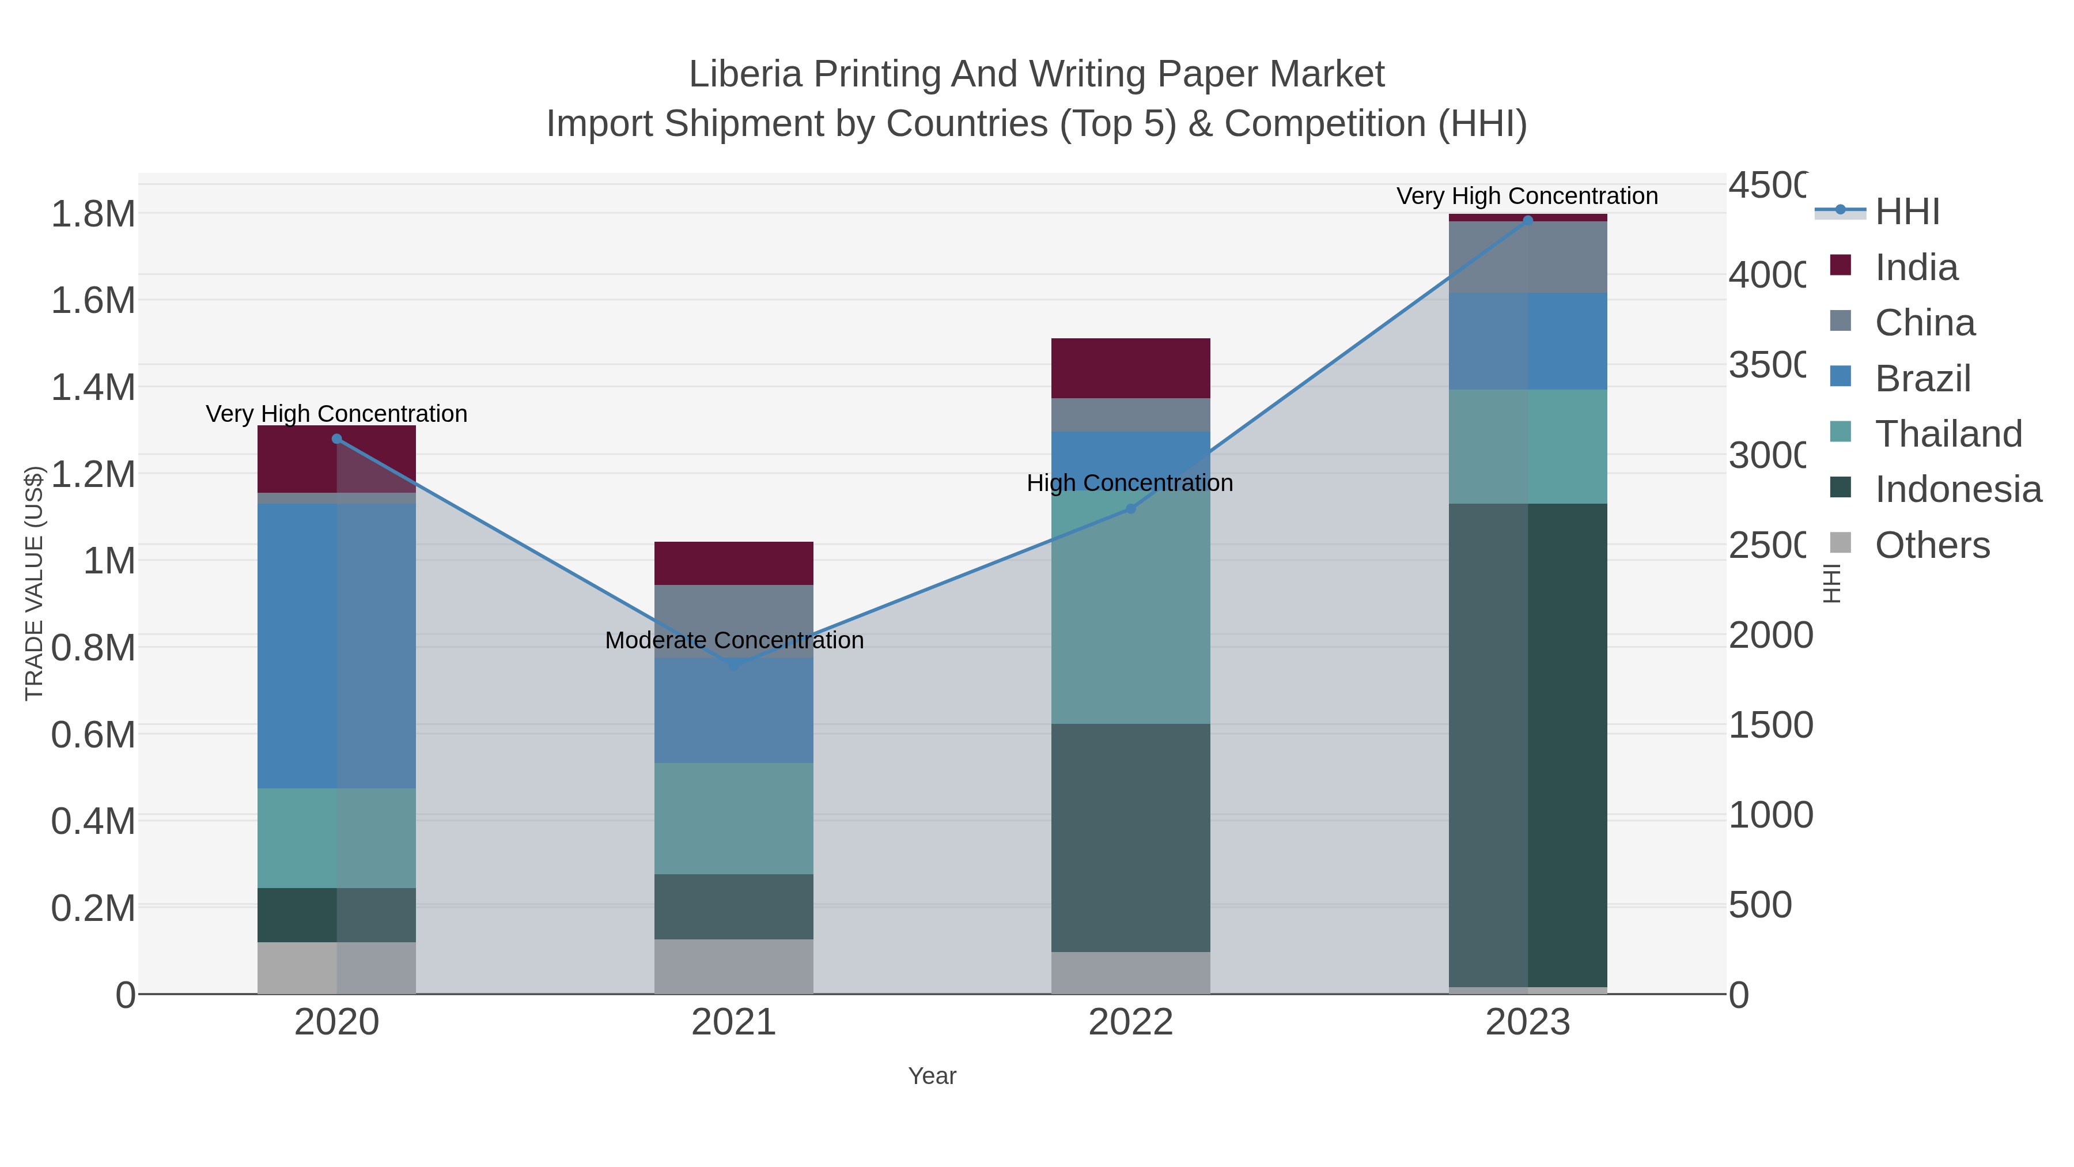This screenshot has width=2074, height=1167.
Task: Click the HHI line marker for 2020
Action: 336,439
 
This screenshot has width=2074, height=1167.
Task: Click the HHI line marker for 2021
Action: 733,664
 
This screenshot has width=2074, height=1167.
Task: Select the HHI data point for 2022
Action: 1130,509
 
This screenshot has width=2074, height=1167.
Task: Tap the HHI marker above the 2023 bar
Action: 1528,221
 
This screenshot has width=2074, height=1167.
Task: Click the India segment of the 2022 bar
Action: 1130,368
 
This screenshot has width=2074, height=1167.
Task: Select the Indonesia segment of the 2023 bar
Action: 1528,745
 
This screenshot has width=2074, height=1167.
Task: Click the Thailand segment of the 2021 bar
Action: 733,818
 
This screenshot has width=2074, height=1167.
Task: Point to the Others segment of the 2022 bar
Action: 1130,973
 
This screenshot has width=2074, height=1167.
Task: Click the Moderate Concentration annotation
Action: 733,640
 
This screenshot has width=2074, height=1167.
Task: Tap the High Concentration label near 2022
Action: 1130,484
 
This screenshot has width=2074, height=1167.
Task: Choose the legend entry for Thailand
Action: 1948,434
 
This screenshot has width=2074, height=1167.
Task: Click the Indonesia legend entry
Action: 1958,490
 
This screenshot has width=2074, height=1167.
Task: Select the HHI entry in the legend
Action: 1906,212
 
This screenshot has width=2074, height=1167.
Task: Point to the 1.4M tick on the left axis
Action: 93,387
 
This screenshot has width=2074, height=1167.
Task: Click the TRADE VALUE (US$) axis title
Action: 34,583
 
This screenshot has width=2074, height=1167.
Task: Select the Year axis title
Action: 932,1076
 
